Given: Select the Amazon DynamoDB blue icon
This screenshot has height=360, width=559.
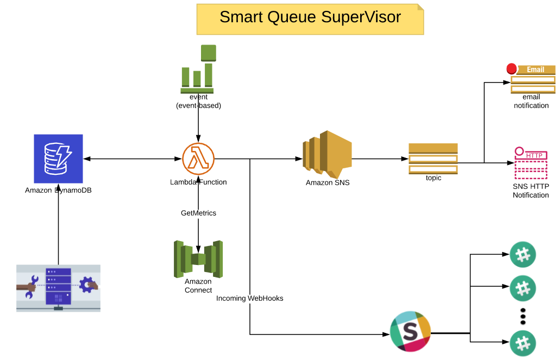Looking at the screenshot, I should click(x=58, y=159).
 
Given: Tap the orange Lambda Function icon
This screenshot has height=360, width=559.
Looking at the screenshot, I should click(x=198, y=159).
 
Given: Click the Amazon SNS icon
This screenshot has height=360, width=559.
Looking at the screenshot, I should click(x=327, y=154).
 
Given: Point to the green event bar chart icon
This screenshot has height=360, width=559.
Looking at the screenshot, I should click(x=198, y=69).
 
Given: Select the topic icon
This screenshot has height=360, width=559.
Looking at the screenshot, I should click(x=433, y=159).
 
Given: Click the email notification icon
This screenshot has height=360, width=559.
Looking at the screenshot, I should click(x=532, y=79).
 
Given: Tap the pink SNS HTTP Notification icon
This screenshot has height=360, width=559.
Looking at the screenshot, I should click(x=531, y=163).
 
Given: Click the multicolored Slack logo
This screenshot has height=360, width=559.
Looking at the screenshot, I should click(x=411, y=331).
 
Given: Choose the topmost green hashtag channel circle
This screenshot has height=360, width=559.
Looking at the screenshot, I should click(x=523, y=254).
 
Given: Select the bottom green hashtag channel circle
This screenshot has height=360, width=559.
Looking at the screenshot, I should click(x=523, y=343).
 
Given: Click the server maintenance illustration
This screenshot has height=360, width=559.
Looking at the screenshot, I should click(x=58, y=288).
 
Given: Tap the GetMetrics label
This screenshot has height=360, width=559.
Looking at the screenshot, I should click(x=198, y=213).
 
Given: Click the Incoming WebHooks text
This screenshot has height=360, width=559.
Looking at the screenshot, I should click(x=249, y=298).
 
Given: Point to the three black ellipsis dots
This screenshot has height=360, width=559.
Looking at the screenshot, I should click(x=523, y=315).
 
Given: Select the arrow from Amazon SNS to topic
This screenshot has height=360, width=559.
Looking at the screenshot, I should click(x=380, y=159).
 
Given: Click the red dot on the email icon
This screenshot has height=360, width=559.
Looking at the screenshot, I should click(x=511, y=69).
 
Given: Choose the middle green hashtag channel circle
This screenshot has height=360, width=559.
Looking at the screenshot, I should click(x=523, y=288).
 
